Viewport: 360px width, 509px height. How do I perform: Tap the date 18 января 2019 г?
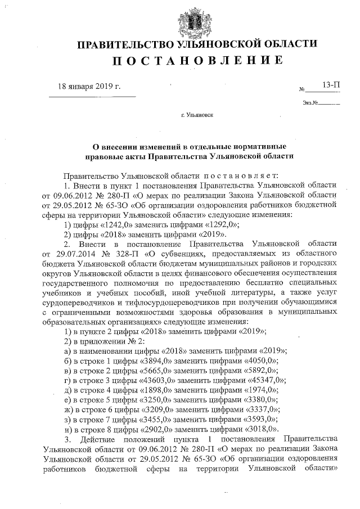click(90, 87)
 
